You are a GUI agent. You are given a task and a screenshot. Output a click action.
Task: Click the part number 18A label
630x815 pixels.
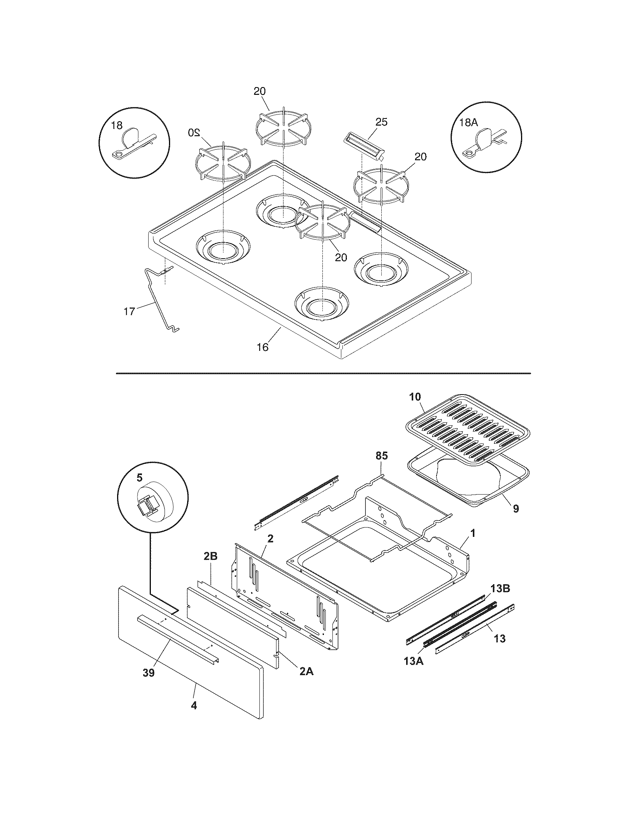469,123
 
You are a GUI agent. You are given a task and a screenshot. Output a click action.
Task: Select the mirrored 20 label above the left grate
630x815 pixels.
194,132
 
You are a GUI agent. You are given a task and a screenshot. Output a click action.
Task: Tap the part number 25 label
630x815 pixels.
381,122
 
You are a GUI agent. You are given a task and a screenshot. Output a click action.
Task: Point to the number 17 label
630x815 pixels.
129,312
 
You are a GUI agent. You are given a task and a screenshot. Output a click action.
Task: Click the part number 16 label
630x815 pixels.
262,347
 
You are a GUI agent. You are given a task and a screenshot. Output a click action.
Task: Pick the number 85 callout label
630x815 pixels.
381,456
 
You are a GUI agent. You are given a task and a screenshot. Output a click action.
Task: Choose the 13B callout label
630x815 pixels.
500,589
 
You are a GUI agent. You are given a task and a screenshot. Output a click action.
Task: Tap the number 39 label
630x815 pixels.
149,673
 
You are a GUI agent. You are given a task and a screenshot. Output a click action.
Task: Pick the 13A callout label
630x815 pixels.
414,661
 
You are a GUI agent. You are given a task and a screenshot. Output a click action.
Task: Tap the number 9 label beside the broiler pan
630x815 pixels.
515,509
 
